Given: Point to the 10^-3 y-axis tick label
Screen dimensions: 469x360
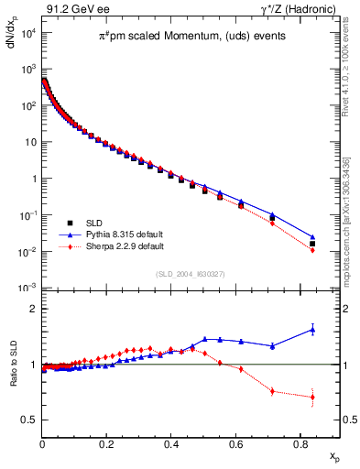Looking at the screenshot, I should [27, 288].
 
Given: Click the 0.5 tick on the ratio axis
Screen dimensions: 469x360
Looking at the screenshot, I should [28, 420].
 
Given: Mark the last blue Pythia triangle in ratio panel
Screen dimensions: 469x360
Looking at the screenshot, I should [312, 330].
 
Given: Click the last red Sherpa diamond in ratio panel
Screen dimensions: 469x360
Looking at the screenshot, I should [312, 398].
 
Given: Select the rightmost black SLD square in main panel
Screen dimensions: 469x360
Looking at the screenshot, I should [312, 244].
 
